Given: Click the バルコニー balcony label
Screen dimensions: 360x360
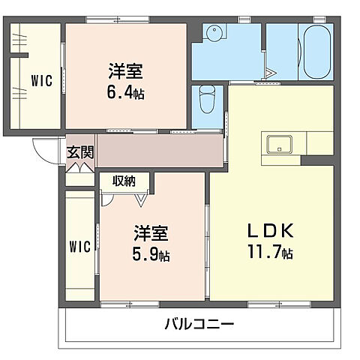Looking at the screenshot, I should coord(199,325).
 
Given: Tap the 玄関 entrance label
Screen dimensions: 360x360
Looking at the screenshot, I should coord(80,152).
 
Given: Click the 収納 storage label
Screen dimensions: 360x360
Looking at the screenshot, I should coord(124,181).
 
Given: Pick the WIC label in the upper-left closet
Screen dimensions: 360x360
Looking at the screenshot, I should coord(41,81).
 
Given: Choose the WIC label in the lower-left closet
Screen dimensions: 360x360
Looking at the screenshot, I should coord(80,246).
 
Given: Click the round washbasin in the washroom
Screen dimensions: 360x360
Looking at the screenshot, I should coord(214,33).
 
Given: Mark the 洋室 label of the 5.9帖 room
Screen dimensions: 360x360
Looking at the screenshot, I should coord(150,233).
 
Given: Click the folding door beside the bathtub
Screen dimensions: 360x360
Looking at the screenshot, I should coord(268,71).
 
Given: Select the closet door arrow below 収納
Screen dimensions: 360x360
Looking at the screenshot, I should coord(140,199).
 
